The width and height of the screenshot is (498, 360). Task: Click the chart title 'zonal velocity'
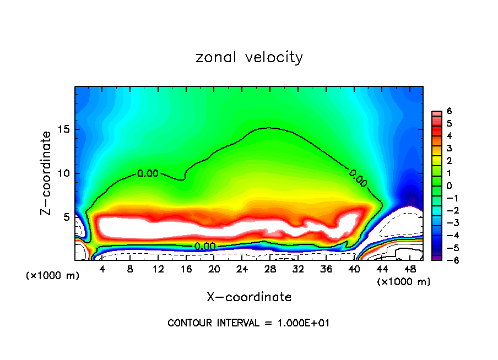click(x=249, y=57)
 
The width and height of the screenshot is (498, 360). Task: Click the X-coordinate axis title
click(x=249, y=297)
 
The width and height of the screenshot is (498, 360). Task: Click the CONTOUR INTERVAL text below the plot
click(x=248, y=323)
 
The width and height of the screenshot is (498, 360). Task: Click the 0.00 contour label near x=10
click(x=148, y=173)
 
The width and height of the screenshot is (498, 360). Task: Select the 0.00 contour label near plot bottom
click(x=205, y=246)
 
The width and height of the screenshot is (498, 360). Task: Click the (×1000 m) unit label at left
click(x=53, y=275)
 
